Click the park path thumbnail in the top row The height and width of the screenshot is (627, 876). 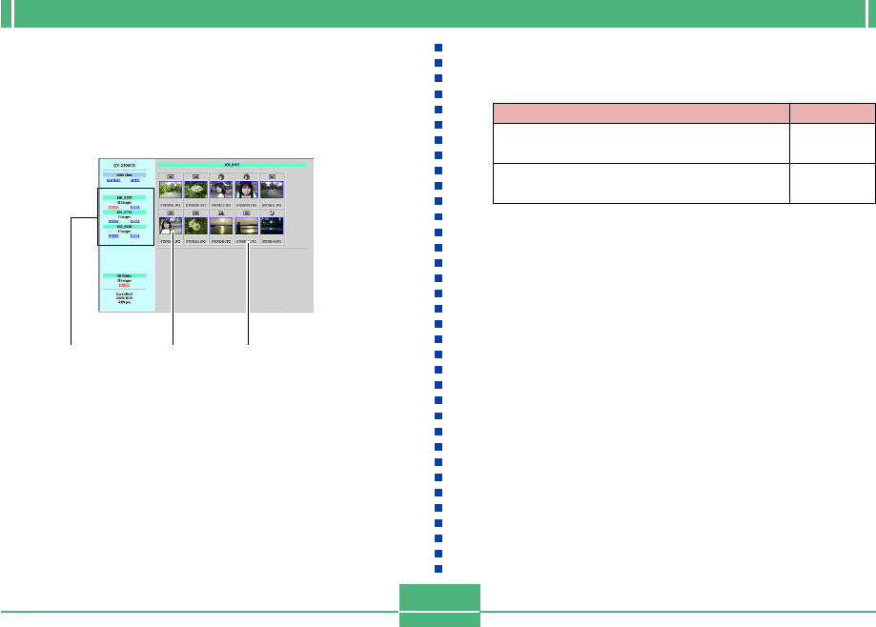coord(171,190)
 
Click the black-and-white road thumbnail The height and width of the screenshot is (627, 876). coord(272,190)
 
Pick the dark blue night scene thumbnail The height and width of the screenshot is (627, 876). coord(272,226)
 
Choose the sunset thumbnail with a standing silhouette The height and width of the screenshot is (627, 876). coord(247,226)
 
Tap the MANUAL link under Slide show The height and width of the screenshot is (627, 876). coord(113,181)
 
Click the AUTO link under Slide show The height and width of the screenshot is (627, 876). coord(134,181)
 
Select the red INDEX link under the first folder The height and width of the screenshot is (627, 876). coord(113,206)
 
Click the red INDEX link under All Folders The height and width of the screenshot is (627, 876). coord(124,285)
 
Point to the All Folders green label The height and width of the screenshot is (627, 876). coord(124,275)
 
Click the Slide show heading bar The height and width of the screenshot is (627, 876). coord(124,175)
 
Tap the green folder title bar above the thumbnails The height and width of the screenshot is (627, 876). coord(232,166)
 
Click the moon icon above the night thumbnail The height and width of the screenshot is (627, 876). coord(272,212)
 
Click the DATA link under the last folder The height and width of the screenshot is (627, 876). coord(134,234)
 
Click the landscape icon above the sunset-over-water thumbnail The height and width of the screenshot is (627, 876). coord(221,212)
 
